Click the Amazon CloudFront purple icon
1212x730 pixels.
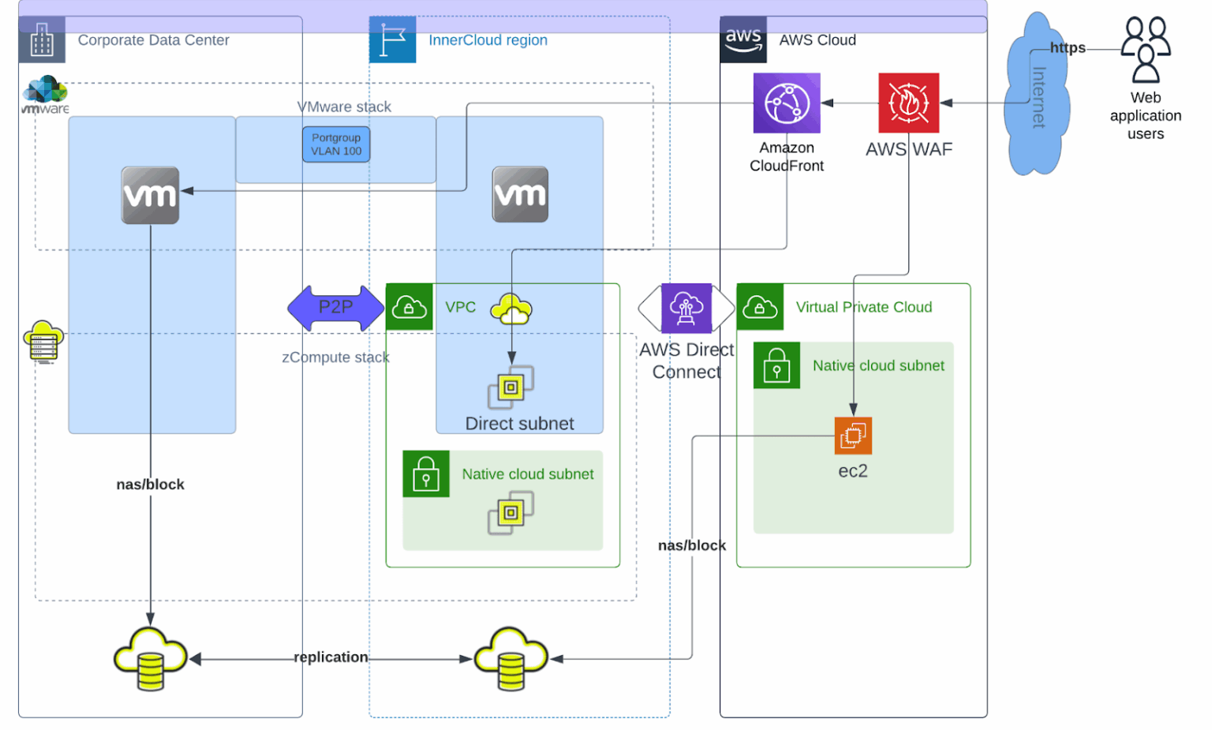(786, 103)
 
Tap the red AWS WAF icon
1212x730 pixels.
(908, 103)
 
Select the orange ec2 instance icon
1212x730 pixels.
(852, 435)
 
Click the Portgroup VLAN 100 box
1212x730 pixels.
(336, 144)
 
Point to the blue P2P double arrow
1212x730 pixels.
(335, 308)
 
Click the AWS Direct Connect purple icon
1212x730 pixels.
(686, 308)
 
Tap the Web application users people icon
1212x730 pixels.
(1146, 50)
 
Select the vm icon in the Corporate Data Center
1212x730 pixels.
(150, 195)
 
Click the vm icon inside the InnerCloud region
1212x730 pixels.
(520, 194)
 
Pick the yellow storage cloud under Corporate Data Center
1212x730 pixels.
(150, 659)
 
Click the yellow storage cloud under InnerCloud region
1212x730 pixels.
(511, 659)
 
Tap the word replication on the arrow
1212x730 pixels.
(331, 657)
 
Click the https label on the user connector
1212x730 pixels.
(1067, 48)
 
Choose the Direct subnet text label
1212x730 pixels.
(519, 424)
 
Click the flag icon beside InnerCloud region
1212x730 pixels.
(392, 39)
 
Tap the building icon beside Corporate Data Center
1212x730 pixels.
(42, 39)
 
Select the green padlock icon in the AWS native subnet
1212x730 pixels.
(776, 365)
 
